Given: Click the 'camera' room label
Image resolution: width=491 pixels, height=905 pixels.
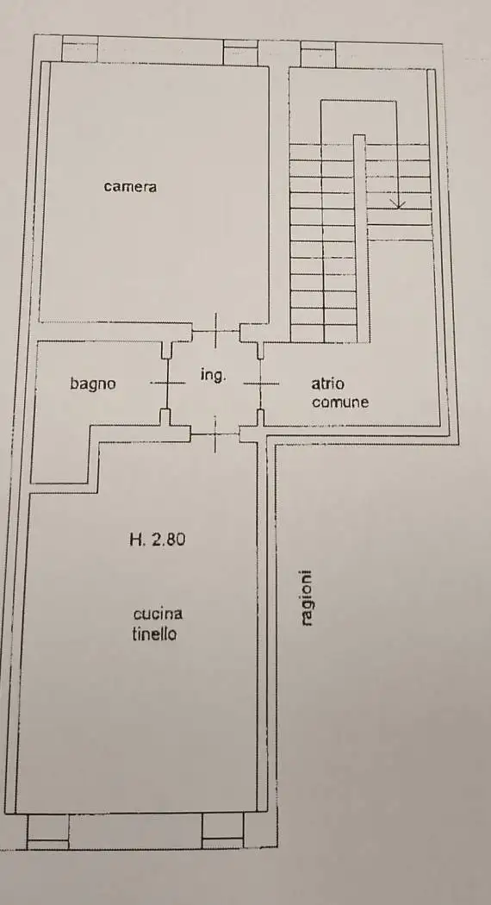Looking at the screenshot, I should (x=130, y=186).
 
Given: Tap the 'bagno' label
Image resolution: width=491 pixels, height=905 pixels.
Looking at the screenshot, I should (x=93, y=384).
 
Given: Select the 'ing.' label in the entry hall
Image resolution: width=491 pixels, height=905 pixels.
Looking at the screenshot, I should (x=213, y=375).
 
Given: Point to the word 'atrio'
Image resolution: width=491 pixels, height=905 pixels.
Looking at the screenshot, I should (x=328, y=385).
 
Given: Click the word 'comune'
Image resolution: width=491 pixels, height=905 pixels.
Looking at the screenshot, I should (x=340, y=402).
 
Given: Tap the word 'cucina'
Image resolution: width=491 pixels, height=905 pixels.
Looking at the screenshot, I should (x=158, y=614).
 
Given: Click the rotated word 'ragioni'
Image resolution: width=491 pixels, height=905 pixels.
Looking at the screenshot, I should (x=307, y=598).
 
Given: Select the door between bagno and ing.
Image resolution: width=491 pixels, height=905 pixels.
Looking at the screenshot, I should (x=166, y=382).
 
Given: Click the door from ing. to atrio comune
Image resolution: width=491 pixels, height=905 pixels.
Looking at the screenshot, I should (x=260, y=383).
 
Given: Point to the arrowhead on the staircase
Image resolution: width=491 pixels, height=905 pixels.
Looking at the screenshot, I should (x=398, y=203).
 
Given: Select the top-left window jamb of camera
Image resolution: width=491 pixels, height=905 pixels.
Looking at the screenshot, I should (x=80, y=50).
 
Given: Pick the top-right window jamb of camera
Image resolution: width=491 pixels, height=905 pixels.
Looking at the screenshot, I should (x=239, y=51).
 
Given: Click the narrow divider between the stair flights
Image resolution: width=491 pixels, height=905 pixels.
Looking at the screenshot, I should (x=361, y=237).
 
